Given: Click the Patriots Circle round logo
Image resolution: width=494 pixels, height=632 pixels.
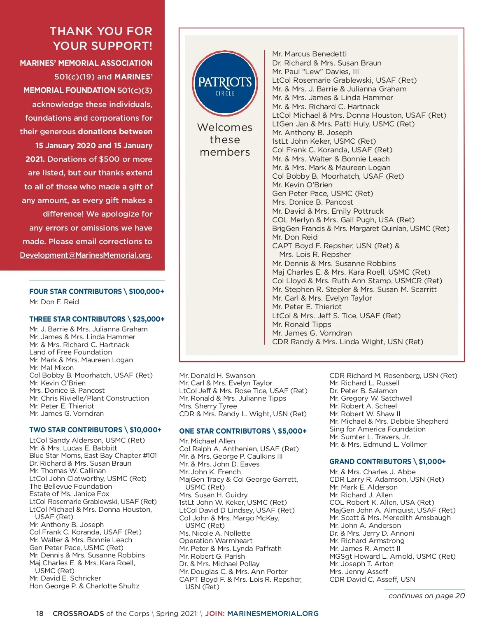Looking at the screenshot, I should point(225,84).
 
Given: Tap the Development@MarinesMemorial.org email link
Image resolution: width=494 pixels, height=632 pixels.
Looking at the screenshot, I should point(86,255).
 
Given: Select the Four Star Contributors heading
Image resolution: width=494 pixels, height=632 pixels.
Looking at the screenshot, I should point(97,292).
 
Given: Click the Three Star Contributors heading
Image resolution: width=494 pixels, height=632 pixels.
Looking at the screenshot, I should point(97,319).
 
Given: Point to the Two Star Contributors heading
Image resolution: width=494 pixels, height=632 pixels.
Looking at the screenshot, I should point(95,430).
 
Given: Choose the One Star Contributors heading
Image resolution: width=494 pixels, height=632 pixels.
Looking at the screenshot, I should point(243,431).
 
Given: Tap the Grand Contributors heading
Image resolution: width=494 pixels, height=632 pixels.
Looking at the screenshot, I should point(387,462).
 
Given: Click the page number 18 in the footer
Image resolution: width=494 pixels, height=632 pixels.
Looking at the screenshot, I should point(40,613).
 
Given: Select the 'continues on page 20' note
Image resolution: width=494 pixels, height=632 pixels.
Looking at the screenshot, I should point(426,596).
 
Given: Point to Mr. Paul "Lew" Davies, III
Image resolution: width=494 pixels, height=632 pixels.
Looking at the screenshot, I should point(315,72).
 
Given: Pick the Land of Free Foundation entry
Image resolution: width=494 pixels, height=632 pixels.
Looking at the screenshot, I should point(70,352).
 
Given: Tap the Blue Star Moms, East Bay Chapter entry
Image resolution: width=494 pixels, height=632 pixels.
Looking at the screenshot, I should point(93,455).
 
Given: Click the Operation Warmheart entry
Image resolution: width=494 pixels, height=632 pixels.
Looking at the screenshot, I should point(216,541).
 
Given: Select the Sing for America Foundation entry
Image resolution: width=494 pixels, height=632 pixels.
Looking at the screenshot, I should point(377,429).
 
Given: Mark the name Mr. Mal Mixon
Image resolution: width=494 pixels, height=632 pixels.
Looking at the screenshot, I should point(51,368).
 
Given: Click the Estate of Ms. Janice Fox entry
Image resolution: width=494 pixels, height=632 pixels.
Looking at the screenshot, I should point(69,494).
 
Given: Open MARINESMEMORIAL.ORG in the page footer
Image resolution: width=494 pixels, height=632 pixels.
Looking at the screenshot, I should point(273,613).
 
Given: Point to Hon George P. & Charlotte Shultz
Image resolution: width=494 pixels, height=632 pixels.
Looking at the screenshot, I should point(84,586).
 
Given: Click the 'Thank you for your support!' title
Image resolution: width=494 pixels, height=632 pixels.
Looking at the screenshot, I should point(101,38).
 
